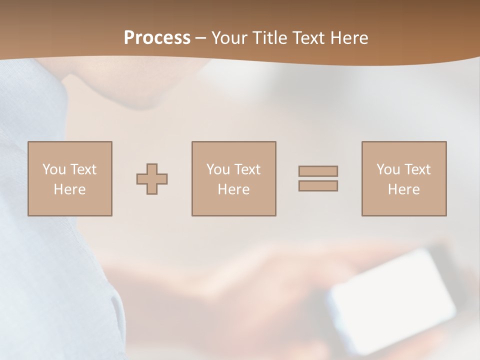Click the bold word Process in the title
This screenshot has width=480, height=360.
click(x=157, y=38)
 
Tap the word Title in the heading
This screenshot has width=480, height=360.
click(x=269, y=38)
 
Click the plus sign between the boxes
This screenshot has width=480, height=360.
click(x=152, y=178)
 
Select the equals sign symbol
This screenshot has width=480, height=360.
click(x=318, y=178)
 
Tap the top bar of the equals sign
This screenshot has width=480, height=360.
click(x=318, y=171)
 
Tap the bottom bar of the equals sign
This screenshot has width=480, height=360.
click(x=318, y=185)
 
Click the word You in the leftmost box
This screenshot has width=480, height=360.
click(x=54, y=169)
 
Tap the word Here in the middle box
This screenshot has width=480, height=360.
click(x=233, y=189)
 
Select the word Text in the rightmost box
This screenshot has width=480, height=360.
click(x=416, y=169)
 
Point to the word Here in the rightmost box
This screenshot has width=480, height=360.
click(x=404, y=189)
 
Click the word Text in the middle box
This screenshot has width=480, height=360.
click(x=246, y=169)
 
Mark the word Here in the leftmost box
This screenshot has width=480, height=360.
click(x=70, y=189)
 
